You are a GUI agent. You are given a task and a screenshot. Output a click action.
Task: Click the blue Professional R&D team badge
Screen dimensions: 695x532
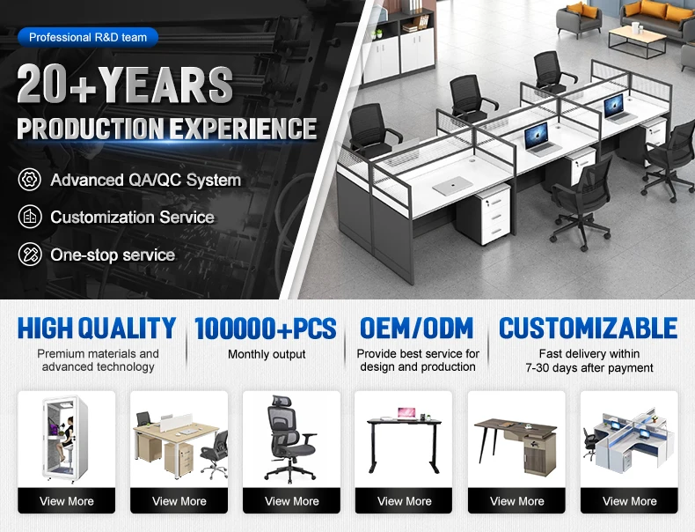pos(88,37)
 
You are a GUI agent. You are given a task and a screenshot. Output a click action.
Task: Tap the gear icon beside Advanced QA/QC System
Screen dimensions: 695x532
pos(30,180)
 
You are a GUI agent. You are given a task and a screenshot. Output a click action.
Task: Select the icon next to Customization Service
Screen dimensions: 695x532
pos(30,217)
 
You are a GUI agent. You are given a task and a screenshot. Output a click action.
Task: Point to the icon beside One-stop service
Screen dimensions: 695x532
pos(30,255)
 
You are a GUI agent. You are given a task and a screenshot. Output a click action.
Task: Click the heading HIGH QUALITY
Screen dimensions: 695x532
pos(97,328)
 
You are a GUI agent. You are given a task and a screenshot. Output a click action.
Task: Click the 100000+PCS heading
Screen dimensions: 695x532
pos(266,329)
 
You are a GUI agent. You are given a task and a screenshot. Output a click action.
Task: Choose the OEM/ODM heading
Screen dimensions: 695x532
pos(417,328)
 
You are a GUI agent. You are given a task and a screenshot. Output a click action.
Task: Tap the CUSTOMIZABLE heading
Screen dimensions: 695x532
pos(589,328)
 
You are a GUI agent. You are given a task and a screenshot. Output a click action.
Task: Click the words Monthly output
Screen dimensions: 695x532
pos(267,354)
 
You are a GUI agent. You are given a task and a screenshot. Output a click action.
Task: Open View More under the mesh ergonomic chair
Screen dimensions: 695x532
pos(292,501)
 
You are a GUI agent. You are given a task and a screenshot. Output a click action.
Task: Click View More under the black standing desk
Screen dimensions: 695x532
pos(404,501)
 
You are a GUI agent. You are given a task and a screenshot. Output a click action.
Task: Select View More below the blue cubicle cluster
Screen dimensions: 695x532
pos(629,501)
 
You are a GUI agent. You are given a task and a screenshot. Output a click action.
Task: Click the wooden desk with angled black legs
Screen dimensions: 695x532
pos(516,446)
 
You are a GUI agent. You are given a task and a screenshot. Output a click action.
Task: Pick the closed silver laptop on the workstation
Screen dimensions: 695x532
pos(450,186)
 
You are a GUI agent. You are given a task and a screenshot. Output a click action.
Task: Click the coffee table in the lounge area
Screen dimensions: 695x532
pos(636,41)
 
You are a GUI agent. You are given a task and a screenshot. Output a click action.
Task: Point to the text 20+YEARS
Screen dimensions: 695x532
pos(125,85)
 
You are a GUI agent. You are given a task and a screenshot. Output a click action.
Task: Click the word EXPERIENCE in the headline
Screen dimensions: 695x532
pos(244,129)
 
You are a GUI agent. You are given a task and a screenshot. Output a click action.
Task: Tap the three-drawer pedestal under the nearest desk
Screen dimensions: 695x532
pos(484,214)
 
